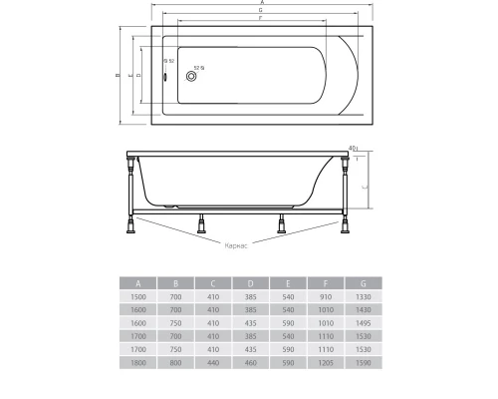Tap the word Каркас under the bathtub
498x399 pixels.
pos(236,243)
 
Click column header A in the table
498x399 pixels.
pos(138,282)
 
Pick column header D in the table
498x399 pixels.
pos(250,282)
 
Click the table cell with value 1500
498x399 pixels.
pos(138,296)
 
